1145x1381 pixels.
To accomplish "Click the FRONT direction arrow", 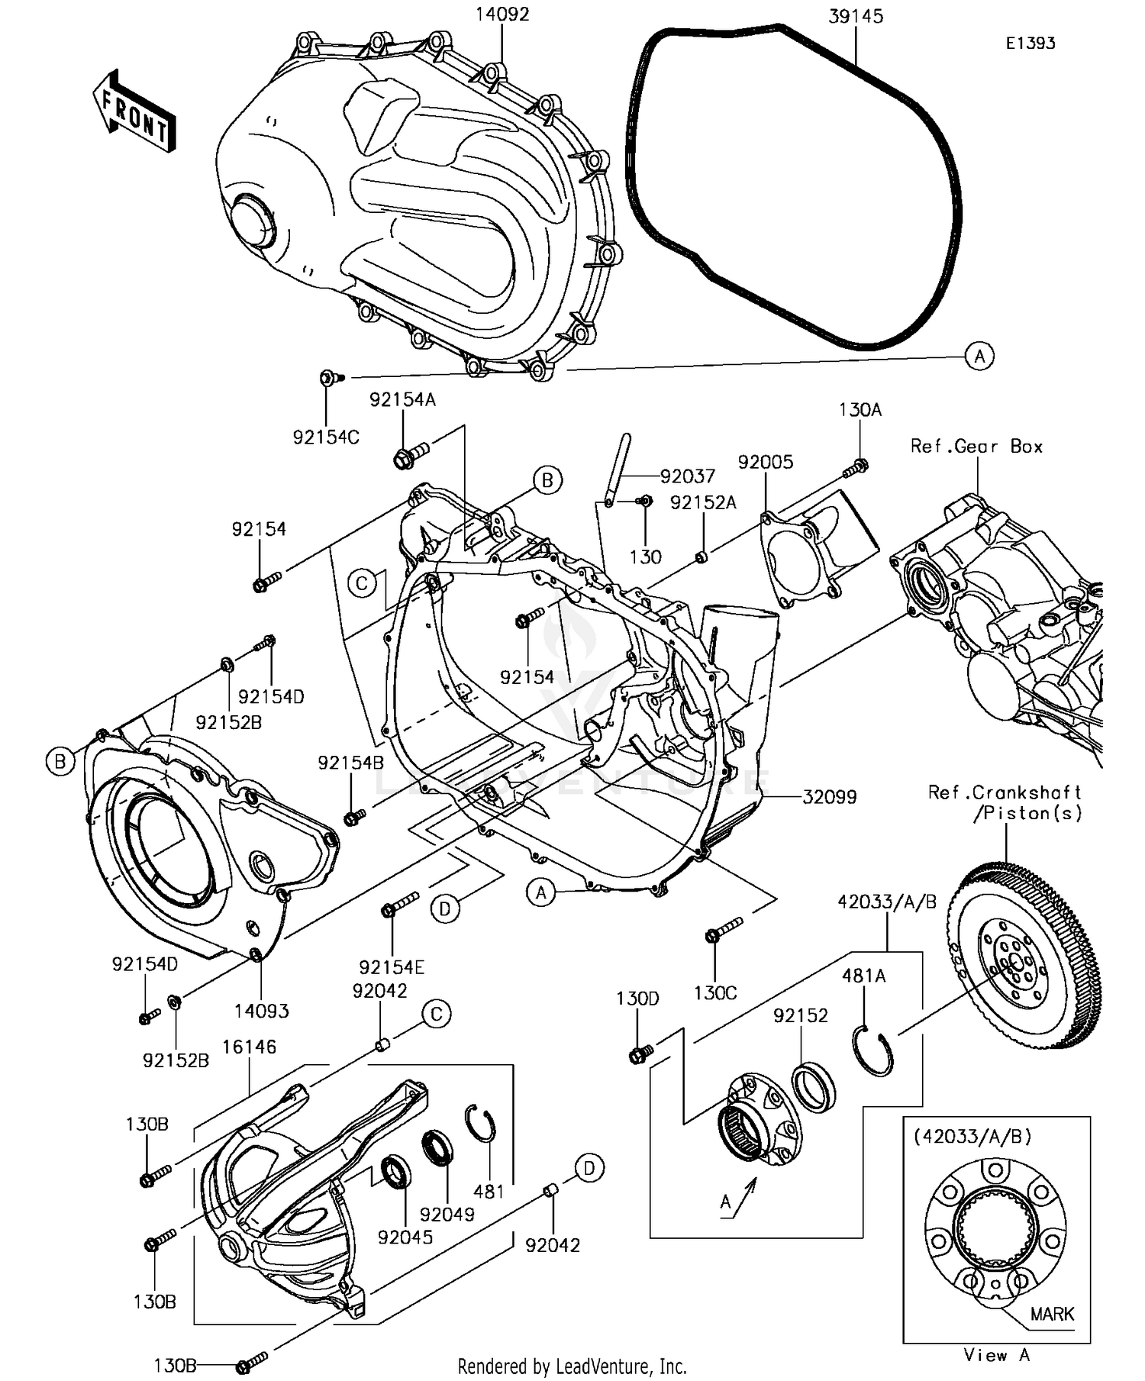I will [x=134, y=113].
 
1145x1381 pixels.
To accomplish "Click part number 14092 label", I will [x=502, y=15].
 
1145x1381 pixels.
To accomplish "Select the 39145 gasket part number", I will [x=856, y=16].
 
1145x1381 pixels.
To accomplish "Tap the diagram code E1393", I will [x=1030, y=44].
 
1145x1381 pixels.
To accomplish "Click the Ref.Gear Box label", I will [x=976, y=447].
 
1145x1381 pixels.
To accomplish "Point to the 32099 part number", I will [x=829, y=797].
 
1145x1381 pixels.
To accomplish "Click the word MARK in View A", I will [x=1052, y=1314].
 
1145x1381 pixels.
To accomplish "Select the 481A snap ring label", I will [x=863, y=976].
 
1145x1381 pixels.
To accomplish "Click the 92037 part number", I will [x=688, y=477].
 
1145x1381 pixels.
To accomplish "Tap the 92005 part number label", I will [x=765, y=462].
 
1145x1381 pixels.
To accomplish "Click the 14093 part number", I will [x=261, y=1012].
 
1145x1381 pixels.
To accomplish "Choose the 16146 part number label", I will [x=249, y=1047].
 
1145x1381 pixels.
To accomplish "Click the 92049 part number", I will [x=447, y=1214].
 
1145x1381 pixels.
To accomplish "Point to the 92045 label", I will [x=405, y=1237].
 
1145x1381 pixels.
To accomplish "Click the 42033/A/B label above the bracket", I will [x=887, y=902].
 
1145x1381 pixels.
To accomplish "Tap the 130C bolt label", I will [x=715, y=993].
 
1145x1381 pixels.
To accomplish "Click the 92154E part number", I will [x=392, y=967].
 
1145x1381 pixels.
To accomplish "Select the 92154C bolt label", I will [x=326, y=437].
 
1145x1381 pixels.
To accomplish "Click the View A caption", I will [x=996, y=1355].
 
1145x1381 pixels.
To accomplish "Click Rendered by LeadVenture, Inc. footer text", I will [x=572, y=1366].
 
